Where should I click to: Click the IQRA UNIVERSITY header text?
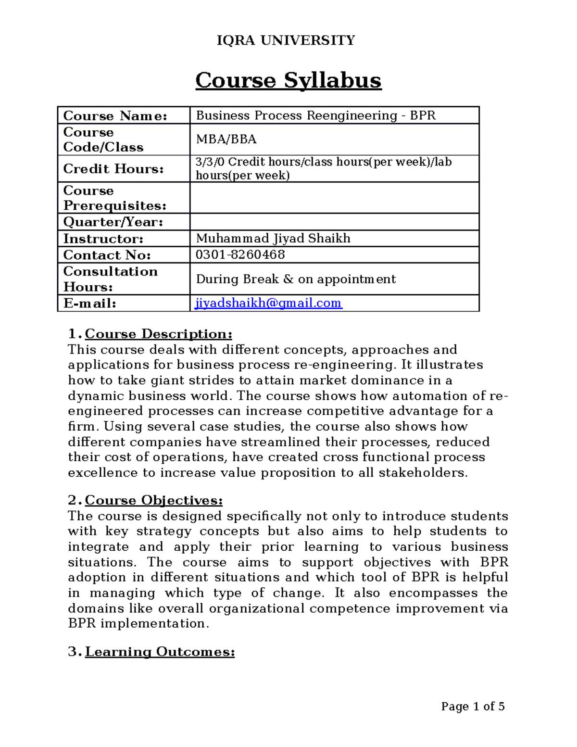point(286,40)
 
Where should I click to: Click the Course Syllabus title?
point(288,80)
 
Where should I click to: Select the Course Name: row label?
point(115,116)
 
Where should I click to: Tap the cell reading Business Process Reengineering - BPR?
point(315,115)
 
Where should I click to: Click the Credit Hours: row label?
point(113,169)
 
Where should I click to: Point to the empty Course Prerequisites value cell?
point(334,198)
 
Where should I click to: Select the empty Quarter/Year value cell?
point(334,222)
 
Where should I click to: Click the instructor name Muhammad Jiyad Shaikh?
point(273,239)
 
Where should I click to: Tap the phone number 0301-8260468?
point(240,255)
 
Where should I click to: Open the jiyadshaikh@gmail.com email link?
point(268,303)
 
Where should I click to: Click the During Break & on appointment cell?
point(296,279)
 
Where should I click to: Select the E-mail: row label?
point(89,304)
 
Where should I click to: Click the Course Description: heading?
point(158,334)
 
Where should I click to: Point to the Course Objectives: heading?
point(153,501)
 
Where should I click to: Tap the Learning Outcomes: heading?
point(160,652)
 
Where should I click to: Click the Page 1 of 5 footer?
point(473,707)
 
